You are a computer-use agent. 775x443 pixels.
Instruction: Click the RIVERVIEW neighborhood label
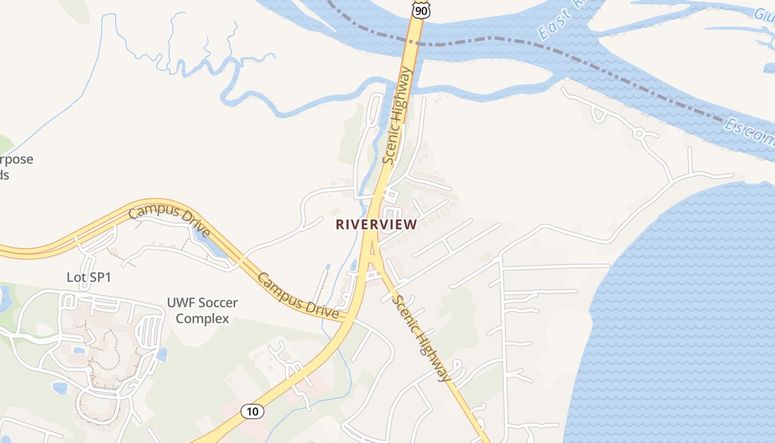click(376, 224)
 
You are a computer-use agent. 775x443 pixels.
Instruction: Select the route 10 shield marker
click(252, 411)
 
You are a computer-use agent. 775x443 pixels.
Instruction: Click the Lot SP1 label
click(89, 277)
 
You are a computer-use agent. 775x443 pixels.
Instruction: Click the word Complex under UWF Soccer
click(202, 319)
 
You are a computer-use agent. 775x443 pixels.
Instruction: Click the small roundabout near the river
click(638, 133)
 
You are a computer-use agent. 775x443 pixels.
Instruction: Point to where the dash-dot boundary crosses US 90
click(417, 42)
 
